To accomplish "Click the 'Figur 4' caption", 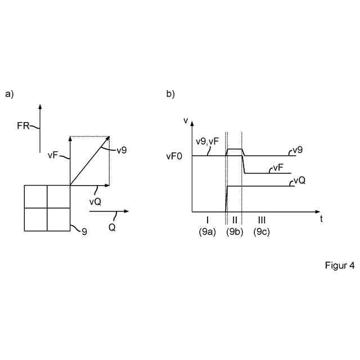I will click(x=339, y=265).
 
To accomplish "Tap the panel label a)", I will click(x=9, y=94).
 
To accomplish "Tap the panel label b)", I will click(x=170, y=94).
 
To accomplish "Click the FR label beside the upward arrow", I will click(x=23, y=126).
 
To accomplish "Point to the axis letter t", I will click(x=321, y=218).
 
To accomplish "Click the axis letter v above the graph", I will click(x=186, y=119).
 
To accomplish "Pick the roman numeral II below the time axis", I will click(x=235, y=219).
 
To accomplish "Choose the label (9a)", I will click(x=208, y=231).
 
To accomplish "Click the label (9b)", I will click(x=235, y=231).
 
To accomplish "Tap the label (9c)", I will click(x=262, y=231).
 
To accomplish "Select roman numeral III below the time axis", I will click(x=262, y=219).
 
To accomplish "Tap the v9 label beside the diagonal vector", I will click(x=121, y=150).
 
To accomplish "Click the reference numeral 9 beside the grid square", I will click(x=84, y=231).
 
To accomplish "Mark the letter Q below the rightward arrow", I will click(x=112, y=228).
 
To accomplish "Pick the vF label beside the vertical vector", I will click(x=53, y=154).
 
